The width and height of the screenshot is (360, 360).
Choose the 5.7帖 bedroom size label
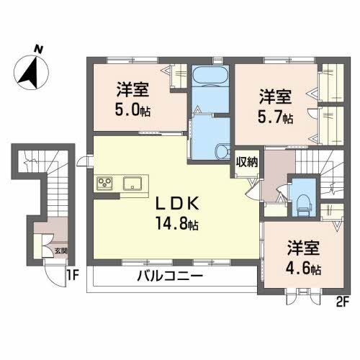(276, 117)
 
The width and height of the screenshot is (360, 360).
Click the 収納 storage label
(247, 163)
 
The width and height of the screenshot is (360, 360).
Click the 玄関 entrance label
(60, 251)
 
